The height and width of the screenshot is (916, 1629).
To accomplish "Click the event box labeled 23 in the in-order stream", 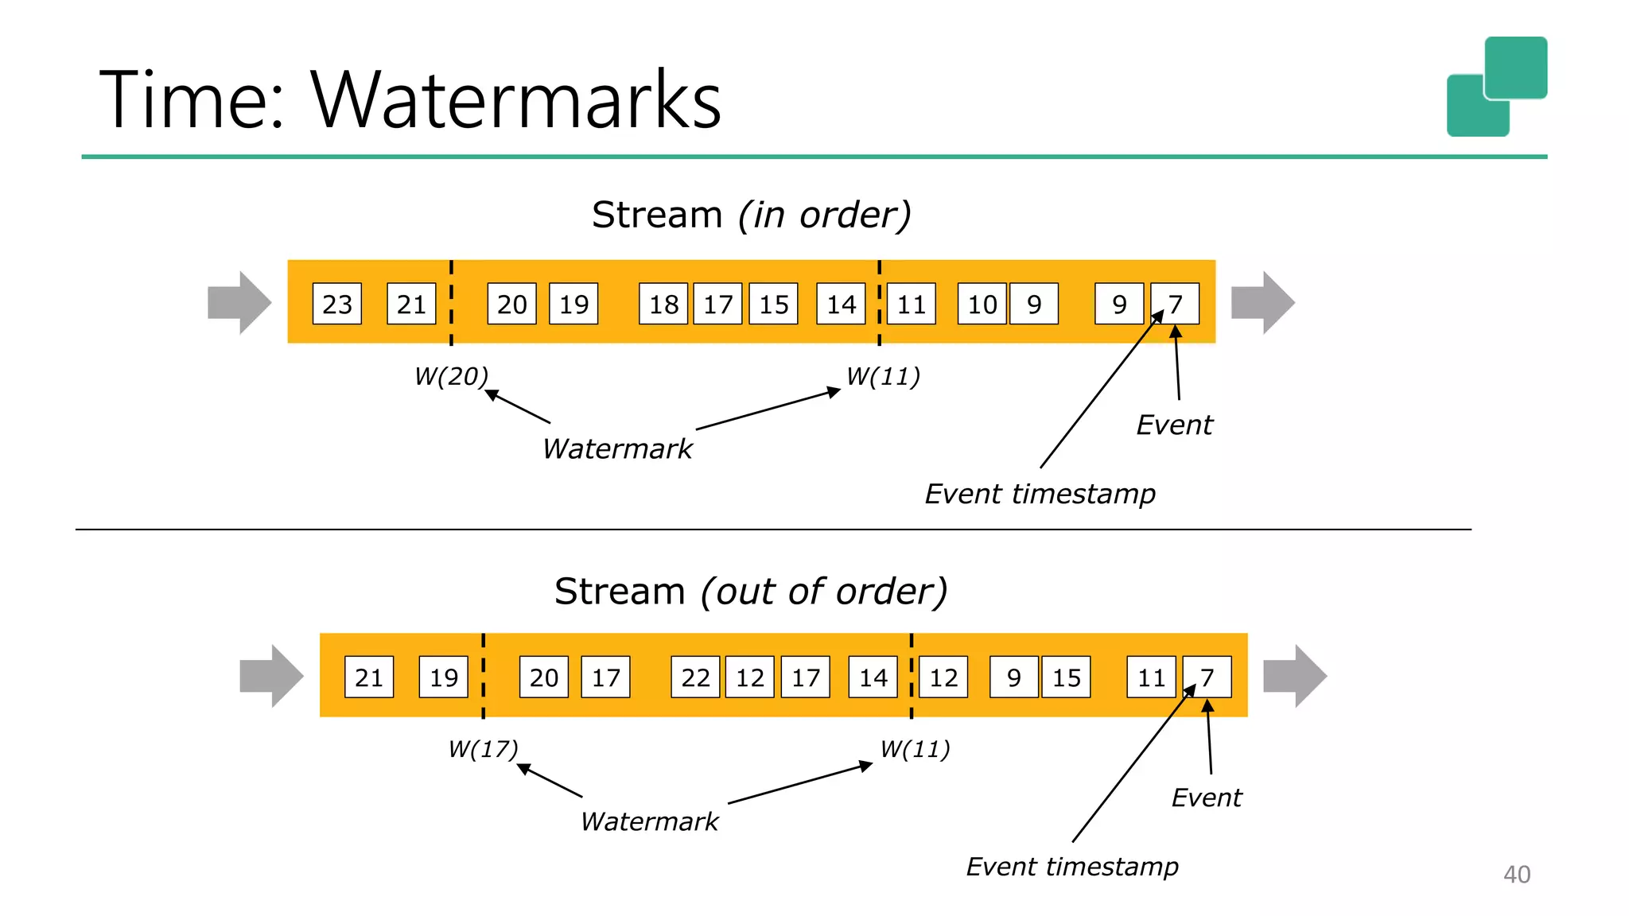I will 336,304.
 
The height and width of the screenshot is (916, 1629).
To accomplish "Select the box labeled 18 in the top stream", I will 664,304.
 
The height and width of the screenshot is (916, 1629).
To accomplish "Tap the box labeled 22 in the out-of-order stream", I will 695,677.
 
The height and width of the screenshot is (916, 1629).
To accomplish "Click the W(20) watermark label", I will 451,376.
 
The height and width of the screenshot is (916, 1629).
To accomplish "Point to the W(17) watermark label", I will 483,749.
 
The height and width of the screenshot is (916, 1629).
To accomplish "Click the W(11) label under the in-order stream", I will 883,376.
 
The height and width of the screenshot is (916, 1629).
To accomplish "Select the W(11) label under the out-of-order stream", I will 915,749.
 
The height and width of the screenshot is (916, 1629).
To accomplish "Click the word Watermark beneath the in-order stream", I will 617,449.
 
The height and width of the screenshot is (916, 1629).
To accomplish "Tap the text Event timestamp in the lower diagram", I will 1071,867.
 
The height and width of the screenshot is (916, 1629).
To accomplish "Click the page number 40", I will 1516,875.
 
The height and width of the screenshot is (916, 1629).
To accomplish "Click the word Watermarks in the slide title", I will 515,100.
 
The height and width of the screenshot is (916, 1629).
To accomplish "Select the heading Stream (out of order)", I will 751,592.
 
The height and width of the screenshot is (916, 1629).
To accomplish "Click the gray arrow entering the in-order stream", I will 239,303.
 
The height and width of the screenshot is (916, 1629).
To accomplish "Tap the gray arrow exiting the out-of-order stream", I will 1294,676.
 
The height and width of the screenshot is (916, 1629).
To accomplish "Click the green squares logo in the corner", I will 1496,87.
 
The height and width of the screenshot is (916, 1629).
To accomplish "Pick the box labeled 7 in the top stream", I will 1176,304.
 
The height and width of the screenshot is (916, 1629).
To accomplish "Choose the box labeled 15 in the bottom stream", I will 1066,677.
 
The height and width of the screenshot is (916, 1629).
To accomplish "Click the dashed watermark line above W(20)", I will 451,302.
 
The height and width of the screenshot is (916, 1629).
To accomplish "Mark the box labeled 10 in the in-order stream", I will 982,304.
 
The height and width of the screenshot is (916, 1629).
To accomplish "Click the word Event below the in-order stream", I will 1174,425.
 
